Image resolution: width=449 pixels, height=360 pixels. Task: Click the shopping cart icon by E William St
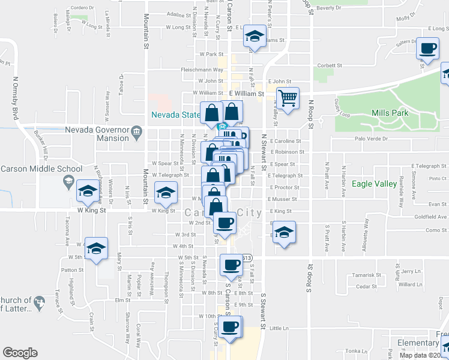tap(289, 98)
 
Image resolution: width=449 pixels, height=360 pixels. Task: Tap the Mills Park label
tap(390, 113)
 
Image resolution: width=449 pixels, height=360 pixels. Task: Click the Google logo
tap(20, 353)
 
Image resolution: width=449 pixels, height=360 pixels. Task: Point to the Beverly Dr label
tap(328, 8)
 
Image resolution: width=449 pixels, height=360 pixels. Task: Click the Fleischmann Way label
tap(202, 70)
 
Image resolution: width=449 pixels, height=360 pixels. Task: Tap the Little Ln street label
tap(279, 328)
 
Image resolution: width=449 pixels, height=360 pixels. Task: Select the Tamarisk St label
tap(367, 275)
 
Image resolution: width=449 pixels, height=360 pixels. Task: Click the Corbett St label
tap(330, 65)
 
